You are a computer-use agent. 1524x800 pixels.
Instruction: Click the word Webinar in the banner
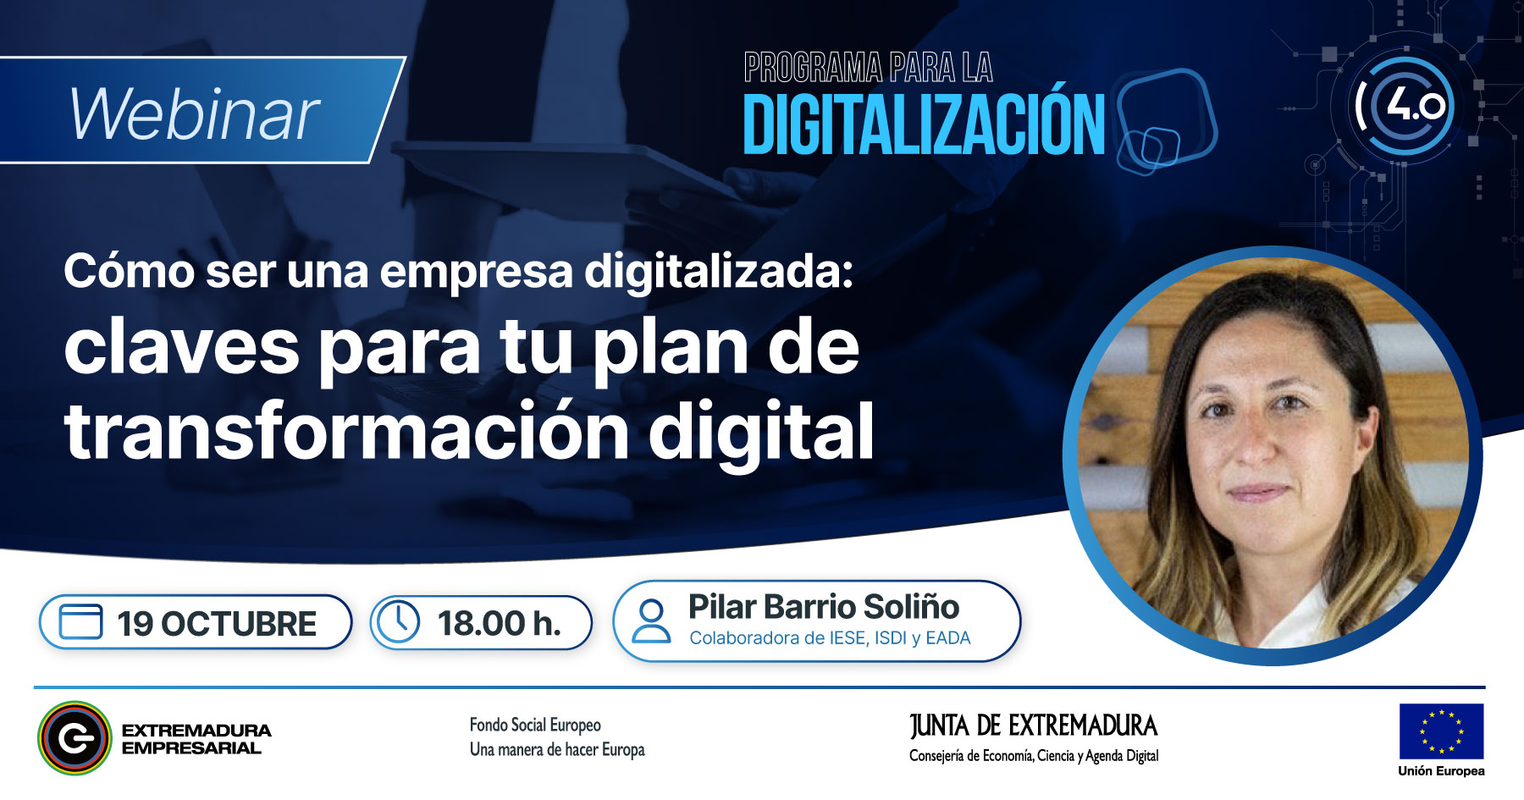(195, 114)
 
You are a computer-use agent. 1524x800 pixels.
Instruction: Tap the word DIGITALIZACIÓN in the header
(924, 124)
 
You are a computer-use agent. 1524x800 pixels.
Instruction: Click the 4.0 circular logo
(1404, 106)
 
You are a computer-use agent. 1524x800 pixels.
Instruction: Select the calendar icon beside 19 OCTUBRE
(80, 622)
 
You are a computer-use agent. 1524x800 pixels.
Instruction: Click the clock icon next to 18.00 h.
(398, 622)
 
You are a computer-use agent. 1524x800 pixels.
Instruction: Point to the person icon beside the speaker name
(652, 621)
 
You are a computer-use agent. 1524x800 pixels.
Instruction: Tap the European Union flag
(1441, 731)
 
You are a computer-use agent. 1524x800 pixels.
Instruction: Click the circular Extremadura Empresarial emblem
(75, 738)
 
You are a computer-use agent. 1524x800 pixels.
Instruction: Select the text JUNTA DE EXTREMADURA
(1034, 726)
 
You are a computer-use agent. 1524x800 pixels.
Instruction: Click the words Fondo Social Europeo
(535, 725)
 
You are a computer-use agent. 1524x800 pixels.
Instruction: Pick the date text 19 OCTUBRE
(217, 624)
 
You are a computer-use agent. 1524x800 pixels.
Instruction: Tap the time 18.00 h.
(500, 624)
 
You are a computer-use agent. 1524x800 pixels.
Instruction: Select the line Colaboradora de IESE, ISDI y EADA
(830, 638)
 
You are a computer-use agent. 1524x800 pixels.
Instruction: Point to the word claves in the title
(182, 348)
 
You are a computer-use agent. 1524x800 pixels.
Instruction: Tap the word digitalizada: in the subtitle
(719, 272)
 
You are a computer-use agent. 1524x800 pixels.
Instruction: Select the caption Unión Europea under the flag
(1441, 771)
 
